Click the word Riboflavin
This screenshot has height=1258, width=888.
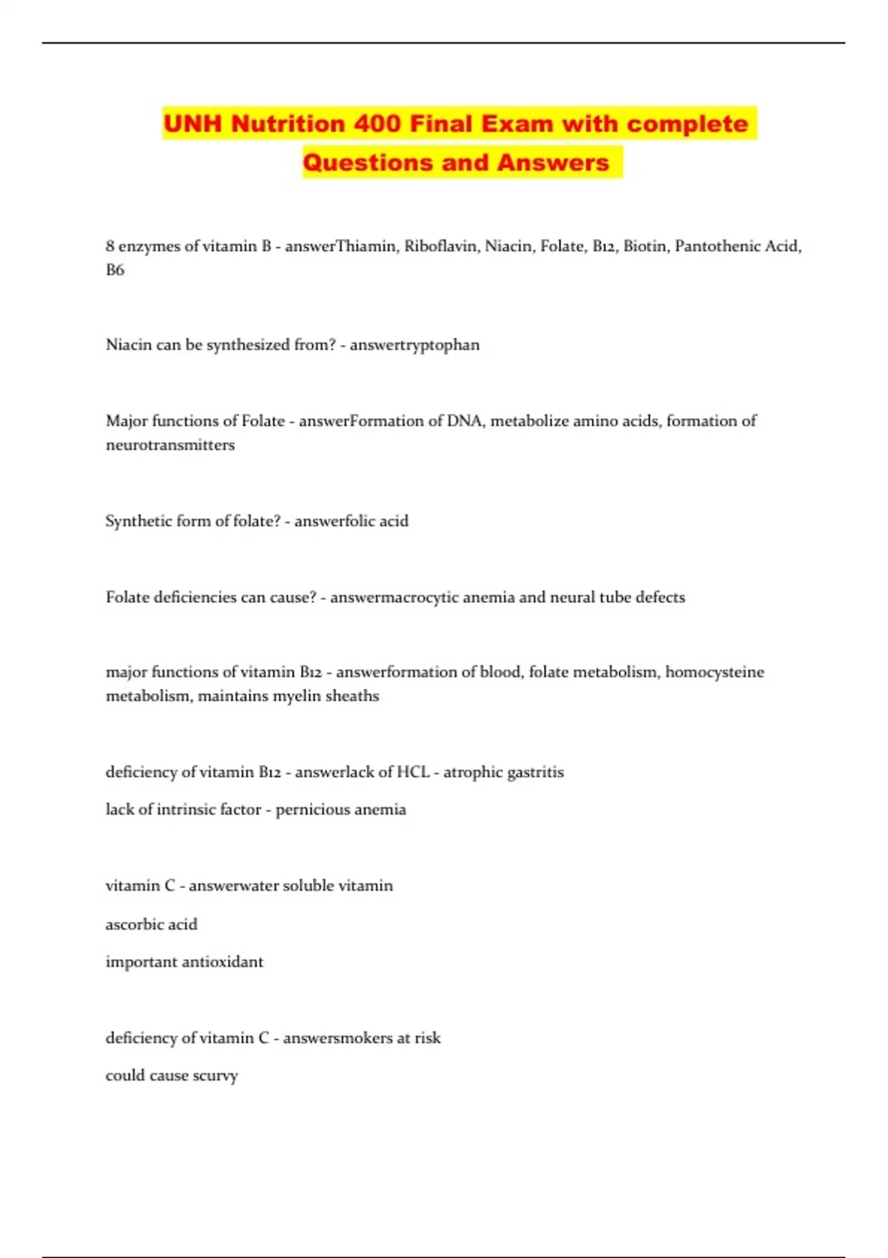pos(441,246)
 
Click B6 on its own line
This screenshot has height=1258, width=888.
pos(115,270)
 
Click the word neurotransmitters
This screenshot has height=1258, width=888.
pos(170,445)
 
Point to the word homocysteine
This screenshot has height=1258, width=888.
pos(714,672)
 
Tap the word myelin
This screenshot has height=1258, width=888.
pos(295,696)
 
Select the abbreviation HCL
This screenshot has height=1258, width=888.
pos(413,772)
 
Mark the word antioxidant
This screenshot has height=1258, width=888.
pos(221,962)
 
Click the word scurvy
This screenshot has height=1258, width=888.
pos(215,1076)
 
